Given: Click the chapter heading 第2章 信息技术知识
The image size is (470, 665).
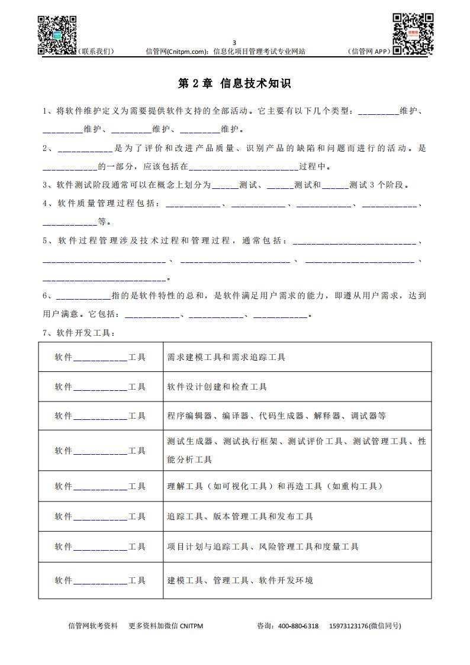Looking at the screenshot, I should (x=234, y=84).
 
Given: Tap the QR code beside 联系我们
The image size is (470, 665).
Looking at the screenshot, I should (x=57, y=35).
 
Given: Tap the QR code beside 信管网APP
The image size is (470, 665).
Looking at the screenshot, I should (x=412, y=34).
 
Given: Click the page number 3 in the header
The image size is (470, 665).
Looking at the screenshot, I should (x=234, y=43).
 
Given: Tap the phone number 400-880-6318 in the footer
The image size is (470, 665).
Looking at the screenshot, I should (x=298, y=626).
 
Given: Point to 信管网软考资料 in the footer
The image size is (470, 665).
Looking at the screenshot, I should (x=94, y=626).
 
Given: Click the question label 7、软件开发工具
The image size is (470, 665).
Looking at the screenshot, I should (x=79, y=333).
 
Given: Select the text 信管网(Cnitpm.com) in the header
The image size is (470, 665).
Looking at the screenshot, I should (x=176, y=52).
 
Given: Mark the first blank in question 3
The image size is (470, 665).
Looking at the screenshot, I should (x=225, y=185).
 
